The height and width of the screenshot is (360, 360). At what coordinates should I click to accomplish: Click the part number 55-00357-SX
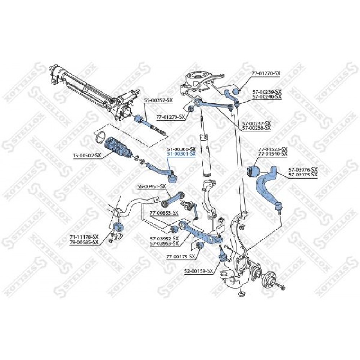(x=158, y=100)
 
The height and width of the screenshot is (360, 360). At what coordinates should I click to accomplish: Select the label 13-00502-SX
(x=87, y=156)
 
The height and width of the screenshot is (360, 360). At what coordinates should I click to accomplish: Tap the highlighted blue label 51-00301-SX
(x=181, y=154)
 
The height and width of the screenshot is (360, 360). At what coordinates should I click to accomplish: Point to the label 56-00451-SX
(x=151, y=186)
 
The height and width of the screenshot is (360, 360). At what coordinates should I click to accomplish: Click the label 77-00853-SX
(x=164, y=213)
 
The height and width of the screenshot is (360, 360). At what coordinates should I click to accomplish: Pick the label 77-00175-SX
(x=181, y=256)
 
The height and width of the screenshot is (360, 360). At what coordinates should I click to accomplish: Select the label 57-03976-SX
(x=303, y=170)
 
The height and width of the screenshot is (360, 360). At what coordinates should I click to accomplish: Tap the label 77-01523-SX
(x=273, y=149)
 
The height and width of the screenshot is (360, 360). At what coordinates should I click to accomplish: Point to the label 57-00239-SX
(x=267, y=92)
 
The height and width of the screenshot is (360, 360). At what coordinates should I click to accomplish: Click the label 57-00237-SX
(x=256, y=123)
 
